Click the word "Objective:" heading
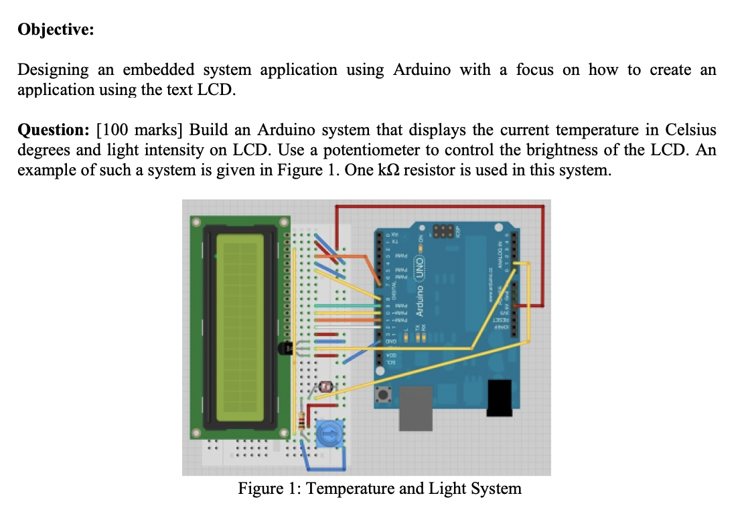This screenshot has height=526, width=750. tap(56, 31)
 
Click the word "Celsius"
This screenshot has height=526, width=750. tap(690, 129)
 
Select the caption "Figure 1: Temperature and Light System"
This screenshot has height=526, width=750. tap(380, 489)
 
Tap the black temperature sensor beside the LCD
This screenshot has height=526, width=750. tap(284, 349)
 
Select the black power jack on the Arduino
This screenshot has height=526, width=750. tap(500, 398)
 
